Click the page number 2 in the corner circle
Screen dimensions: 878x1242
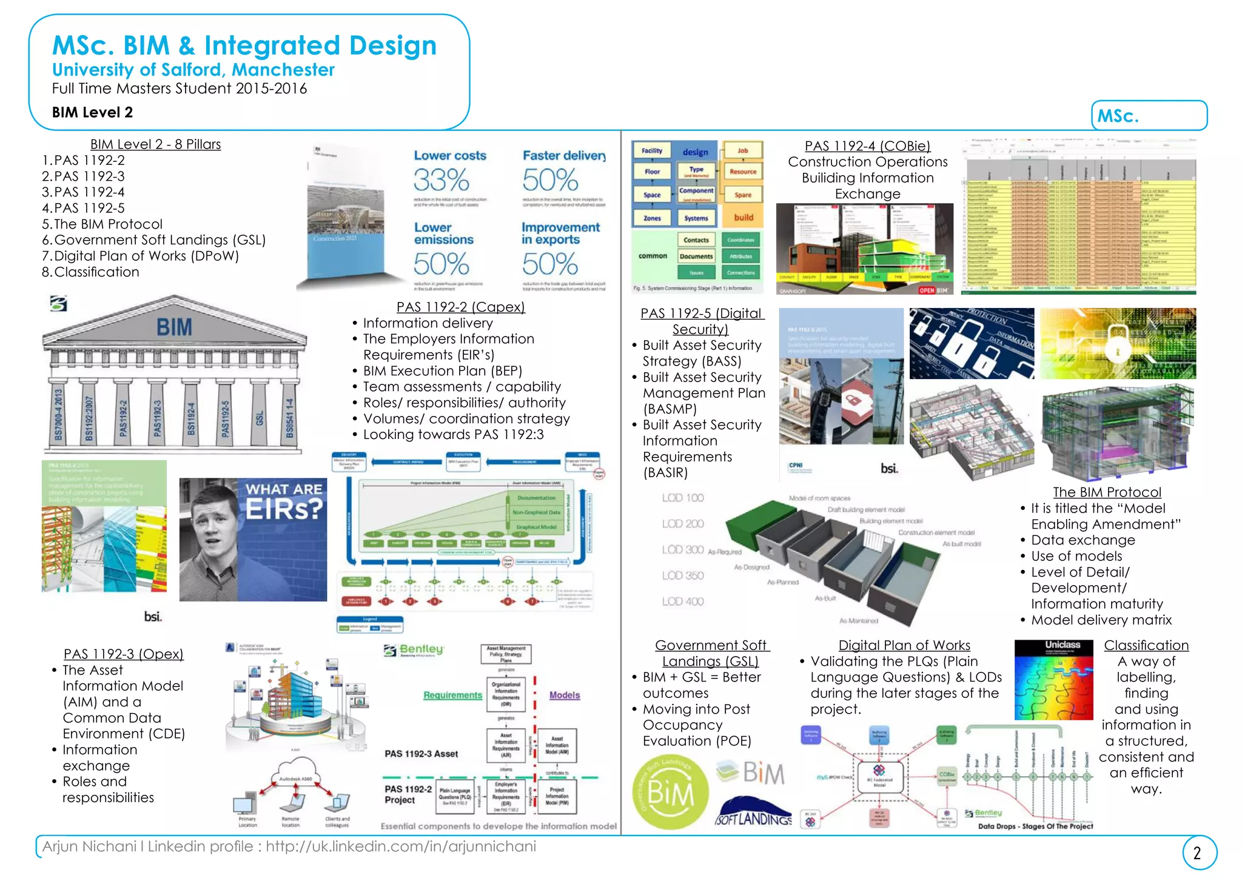click(x=1197, y=853)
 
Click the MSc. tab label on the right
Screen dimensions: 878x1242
click(x=1118, y=116)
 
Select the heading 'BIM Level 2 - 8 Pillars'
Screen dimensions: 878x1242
click(x=155, y=144)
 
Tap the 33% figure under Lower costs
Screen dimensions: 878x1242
click(x=441, y=180)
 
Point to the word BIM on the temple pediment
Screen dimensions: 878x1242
click(x=174, y=327)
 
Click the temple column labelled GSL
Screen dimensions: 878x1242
click(x=259, y=417)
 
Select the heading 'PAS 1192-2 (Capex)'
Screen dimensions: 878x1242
click(x=460, y=307)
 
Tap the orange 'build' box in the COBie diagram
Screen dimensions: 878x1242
click(x=744, y=218)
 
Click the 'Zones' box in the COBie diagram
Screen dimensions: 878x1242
click(x=652, y=218)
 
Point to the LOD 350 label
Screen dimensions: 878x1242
click(x=683, y=575)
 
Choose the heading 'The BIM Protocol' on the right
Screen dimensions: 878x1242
click(x=1107, y=492)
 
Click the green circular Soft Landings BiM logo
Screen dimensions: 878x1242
click(x=670, y=793)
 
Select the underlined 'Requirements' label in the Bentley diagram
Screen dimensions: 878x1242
click(x=452, y=695)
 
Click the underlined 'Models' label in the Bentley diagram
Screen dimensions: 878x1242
click(x=564, y=695)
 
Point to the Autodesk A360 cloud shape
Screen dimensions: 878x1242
click(x=295, y=776)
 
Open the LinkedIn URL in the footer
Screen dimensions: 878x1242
click(x=400, y=846)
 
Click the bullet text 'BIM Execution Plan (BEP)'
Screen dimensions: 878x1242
click(x=442, y=370)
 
